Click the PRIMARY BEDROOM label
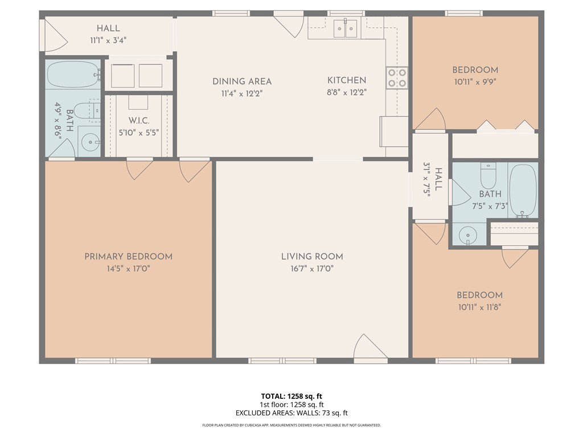click(x=128, y=257)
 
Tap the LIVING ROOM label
click(x=312, y=257)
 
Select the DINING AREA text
click(x=242, y=81)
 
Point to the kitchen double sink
click(x=346, y=28)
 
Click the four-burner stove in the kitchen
click(x=397, y=77)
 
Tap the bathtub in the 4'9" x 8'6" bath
click(x=73, y=75)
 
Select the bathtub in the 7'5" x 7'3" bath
click(x=523, y=190)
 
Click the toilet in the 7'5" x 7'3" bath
click(x=488, y=176)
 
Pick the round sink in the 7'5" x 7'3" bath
click(x=468, y=235)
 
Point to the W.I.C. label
click(x=139, y=121)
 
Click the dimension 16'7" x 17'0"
click(x=312, y=269)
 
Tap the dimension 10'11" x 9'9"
click(x=475, y=82)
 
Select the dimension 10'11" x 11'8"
click(x=479, y=307)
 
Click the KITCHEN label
click(x=347, y=80)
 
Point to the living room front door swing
click(x=368, y=348)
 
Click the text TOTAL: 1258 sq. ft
click(x=291, y=396)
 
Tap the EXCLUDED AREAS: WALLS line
click(x=291, y=413)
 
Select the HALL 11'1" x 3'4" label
click(x=108, y=34)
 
